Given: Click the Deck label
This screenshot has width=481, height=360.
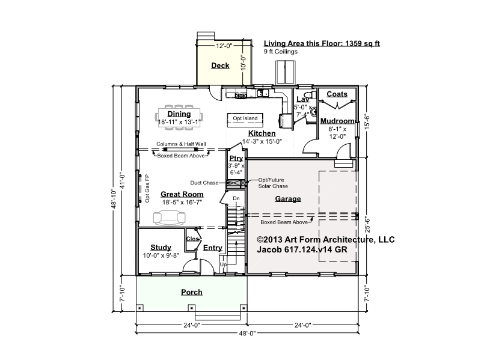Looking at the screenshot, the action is click(x=220, y=66).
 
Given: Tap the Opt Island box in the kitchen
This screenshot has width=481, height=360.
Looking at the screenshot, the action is click(x=245, y=120).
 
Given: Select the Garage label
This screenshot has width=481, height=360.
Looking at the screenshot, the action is click(x=288, y=199).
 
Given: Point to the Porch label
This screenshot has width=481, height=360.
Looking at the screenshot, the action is click(x=192, y=292).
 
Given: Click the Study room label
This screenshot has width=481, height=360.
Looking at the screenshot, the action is click(x=161, y=247).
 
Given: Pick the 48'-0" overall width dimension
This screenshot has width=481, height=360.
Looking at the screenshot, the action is click(x=247, y=334).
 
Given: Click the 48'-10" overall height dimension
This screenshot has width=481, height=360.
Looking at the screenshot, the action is click(x=114, y=199).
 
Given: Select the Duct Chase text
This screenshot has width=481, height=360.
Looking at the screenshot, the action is click(x=204, y=183).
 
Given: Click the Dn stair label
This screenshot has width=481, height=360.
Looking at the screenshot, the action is click(x=236, y=198).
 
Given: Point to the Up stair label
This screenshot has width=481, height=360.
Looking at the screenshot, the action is click(x=223, y=264).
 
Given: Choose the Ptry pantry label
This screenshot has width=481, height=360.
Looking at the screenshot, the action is click(x=236, y=158).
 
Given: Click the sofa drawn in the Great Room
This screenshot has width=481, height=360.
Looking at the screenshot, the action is click(x=170, y=218).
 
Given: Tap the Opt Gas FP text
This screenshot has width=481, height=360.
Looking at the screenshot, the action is click(x=147, y=188).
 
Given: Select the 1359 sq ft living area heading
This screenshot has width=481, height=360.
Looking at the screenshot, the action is click(x=322, y=43).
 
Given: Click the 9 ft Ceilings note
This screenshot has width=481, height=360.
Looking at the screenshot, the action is click(x=281, y=52).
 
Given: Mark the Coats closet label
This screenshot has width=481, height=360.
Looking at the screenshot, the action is click(x=337, y=94).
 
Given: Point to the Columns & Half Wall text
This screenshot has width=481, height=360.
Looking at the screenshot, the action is click(x=181, y=144).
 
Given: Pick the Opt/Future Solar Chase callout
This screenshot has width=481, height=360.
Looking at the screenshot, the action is click(x=273, y=183).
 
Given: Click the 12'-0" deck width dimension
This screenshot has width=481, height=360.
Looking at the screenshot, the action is click(x=224, y=46).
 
